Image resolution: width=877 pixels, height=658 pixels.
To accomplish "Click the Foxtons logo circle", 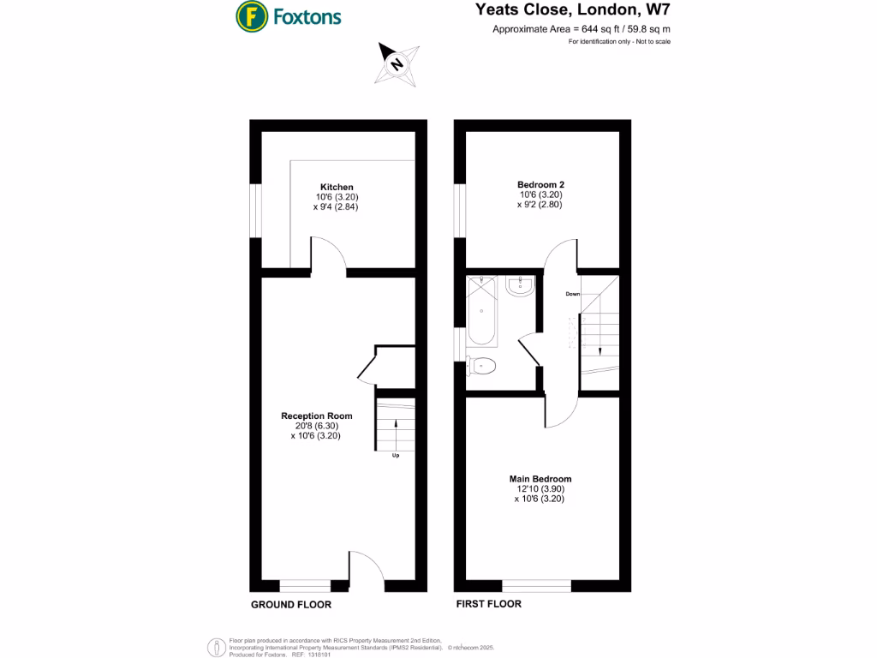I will click(x=250, y=15).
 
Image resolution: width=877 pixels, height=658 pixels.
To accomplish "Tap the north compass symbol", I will click(x=396, y=63).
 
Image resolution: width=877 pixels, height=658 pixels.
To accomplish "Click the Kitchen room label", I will click(x=337, y=187).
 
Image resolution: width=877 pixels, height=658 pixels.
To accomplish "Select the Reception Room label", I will click(x=316, y=416).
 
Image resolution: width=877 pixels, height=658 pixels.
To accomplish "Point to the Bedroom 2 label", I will click(x=540, y=184).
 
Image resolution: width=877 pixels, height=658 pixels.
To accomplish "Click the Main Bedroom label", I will click(x=540, y=479).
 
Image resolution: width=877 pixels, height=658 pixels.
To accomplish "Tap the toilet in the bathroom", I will click(x=483, y=366).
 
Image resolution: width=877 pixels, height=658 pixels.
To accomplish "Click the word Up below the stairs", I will click(x=395, y=456).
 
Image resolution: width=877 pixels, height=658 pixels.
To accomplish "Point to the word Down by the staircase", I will click(x=573, y=294).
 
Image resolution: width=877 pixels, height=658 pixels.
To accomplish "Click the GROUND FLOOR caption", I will click(x=290, y=605).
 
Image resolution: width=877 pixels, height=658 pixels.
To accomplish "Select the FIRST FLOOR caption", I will click(x=487, y=604).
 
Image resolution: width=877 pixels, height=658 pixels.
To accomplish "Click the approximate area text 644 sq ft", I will click(x=581, y=30).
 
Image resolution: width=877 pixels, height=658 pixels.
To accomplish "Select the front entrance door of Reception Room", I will click(x=367, y=570).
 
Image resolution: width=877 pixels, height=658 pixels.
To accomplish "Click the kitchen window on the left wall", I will click(x=255, y=207).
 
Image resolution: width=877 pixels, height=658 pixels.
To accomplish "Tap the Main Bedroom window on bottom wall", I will click(x=537, y=586).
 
